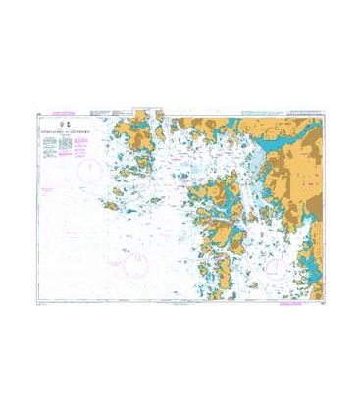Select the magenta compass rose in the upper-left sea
click(x=90, y=168)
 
